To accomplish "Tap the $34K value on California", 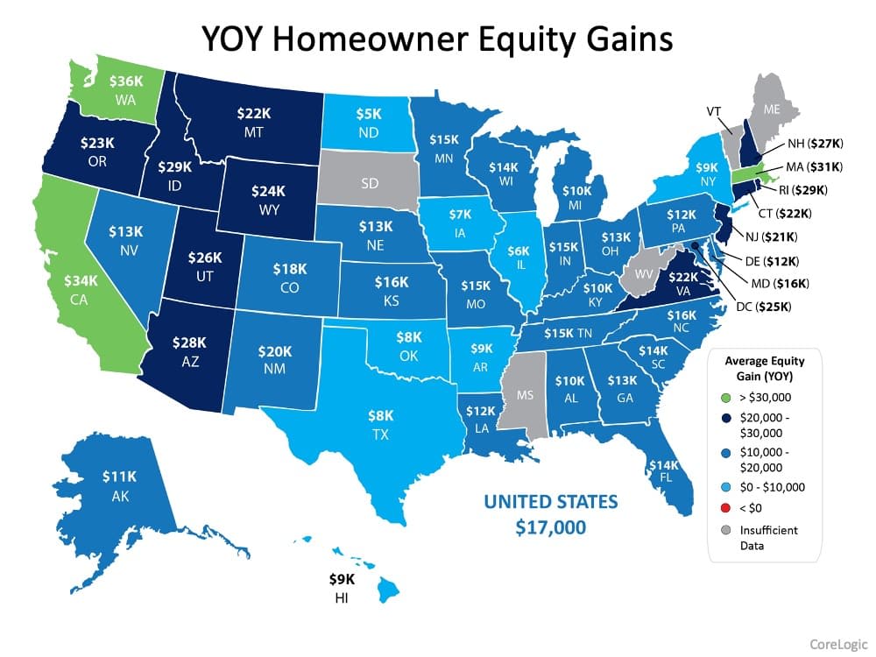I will click(x=82, y=283).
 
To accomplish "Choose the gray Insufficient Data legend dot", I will click(x=722, y=530).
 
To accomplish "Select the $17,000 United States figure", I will click(x=551, y=528).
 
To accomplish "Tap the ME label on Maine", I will click(x=771, y=110).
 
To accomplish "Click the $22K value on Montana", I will click(x=254, y=114).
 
